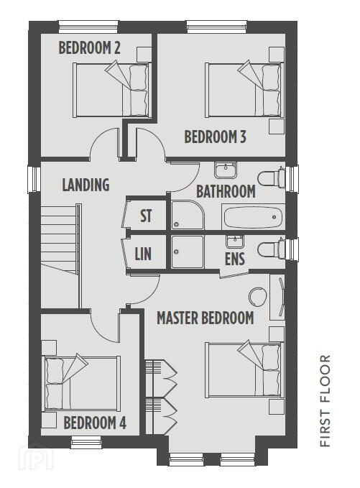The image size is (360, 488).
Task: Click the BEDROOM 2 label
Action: (x=89, y=48)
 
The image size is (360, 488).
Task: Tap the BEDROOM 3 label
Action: (x=216, y=137)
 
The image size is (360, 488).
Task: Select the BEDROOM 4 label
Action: (x=95, y=423)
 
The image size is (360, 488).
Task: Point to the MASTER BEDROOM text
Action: (x=206, y=318)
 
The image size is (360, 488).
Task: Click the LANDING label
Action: (x=86, y=185)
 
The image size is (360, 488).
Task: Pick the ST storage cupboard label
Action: (x=146, y=216)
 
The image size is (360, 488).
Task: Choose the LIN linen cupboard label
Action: (x=143, y=254)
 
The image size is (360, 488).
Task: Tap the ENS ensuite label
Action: (x=235, y=259)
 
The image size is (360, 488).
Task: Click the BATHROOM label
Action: (x=226, y=191)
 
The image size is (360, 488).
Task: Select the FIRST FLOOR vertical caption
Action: (x=325, y=401)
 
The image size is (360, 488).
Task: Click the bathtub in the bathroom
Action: (x=253, y=217)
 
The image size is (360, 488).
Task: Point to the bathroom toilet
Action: (x=272, y=178)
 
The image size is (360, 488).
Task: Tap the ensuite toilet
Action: (x=272, y=249)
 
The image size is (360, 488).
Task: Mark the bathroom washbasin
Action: (x=226, y=170)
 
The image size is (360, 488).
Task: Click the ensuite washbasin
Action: (x=235, y=241)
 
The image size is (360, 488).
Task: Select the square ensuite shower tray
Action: (x=188, y=252)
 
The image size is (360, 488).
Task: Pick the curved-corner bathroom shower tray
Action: (x=188, y=215)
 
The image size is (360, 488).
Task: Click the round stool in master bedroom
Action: (x=258, y=297)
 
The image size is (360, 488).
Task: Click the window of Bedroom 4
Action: (x=86, y=442)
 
